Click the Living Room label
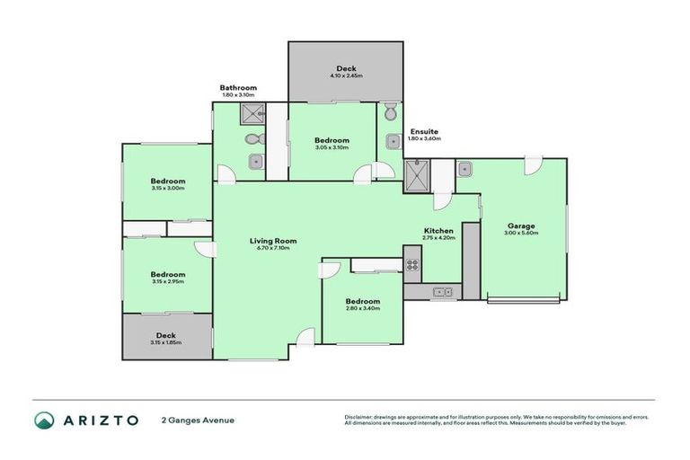click(273, 241)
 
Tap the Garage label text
click(521, 226)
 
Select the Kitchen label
click(438, 231)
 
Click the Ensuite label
click(423, 131)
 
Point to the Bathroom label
click(238, 87)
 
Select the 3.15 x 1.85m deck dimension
click(167, 342)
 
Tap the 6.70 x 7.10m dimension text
click(273, 248)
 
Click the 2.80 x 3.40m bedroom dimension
click(363, 308)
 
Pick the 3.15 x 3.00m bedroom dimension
click(167, 188)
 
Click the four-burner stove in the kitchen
click(413, 265)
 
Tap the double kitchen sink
click(441, 291)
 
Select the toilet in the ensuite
click(388, 114)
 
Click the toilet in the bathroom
click(252, 139)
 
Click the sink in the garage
click(465, 168)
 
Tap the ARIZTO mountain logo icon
click(44, 420)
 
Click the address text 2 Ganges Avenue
click(198, 420)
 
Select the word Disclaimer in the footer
click(359, 416)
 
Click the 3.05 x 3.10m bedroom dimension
click(332, 147)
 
